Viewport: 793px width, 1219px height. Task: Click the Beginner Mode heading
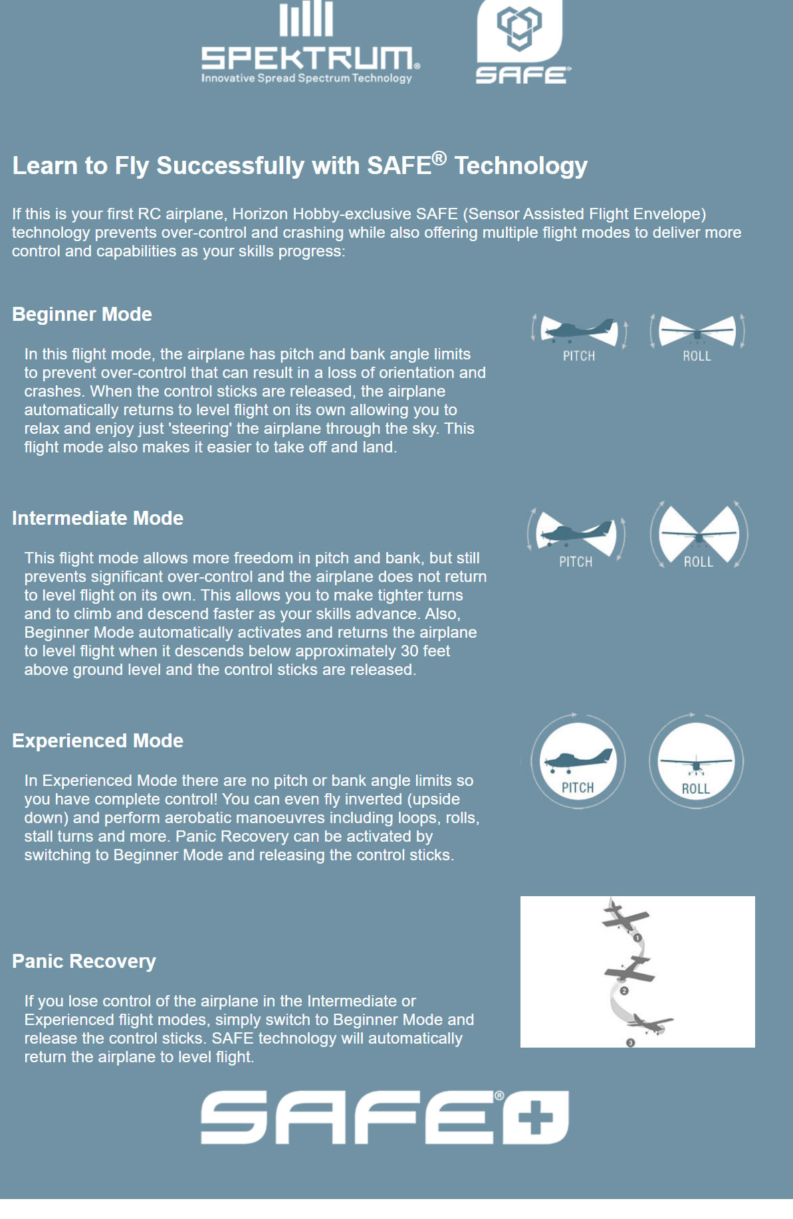[x=82, y=314]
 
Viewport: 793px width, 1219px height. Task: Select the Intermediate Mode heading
[x=98, y=518]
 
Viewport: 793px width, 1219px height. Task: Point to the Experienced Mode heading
[x=98, y=741]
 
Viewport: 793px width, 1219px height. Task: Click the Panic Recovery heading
[x=84, y=961]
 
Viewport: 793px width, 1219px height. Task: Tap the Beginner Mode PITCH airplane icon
[x=579, y=331]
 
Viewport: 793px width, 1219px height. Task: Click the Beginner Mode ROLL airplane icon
[x=697, y=331]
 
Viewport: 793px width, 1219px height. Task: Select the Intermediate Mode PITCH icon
[x=576, y=534]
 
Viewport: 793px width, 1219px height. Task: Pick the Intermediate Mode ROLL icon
[x=699, y=534]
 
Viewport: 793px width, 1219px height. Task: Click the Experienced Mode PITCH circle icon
[x=578, y=761]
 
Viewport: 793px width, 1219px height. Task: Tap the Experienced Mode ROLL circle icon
[x=696, y=761]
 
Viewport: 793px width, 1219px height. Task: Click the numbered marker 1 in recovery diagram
[x=637, y=938]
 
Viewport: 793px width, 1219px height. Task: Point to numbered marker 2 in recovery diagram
[x=624, y=990]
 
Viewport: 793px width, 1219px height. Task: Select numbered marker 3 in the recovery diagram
[x=631, y=1042]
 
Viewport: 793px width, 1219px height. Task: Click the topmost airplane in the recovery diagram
[x=625, y=917]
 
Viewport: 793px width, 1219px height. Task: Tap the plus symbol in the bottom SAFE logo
[x=536, y=1117]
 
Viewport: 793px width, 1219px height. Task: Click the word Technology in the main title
[x=521, y=166]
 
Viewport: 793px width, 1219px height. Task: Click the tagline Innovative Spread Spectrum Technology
[x=306, y=78]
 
